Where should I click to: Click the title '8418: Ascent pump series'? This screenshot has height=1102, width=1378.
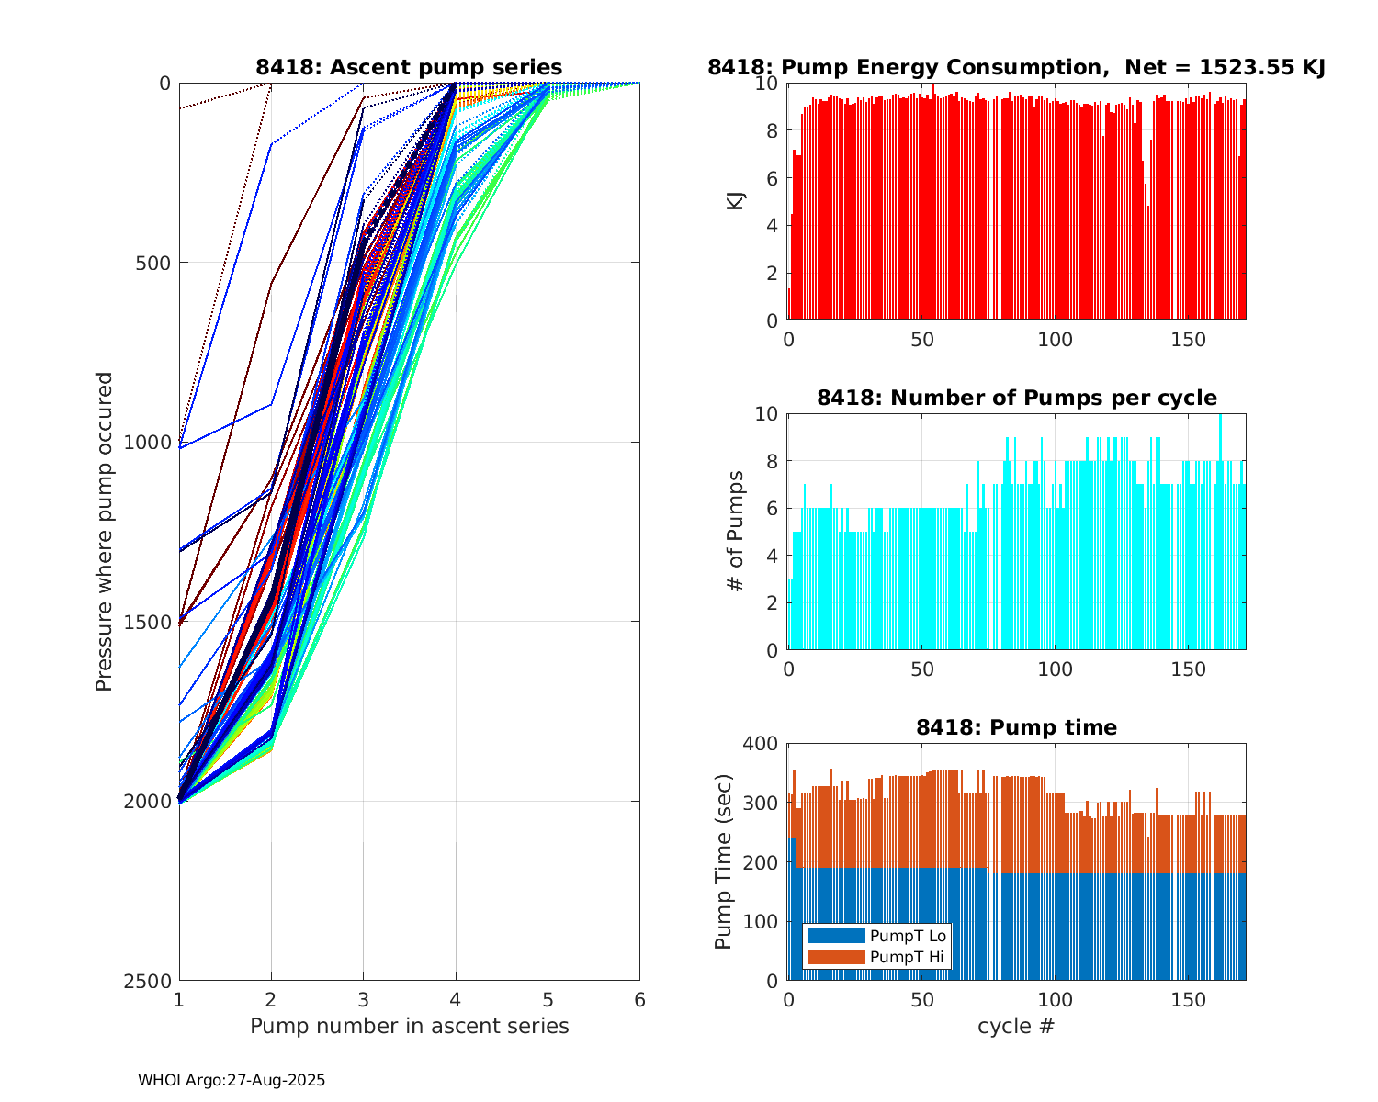click(x=409, y=67)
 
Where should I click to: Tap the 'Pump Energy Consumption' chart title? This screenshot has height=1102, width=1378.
click(x=1016, y=67)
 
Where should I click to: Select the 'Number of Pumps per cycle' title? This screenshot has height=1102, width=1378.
click(x=1016, y=398)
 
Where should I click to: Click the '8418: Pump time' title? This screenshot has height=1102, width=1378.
click(x=1016, y=727)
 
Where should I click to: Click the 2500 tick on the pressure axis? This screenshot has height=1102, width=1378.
click(x=152, y=981)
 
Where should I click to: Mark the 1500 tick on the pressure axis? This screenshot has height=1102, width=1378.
click(x=152, y=622)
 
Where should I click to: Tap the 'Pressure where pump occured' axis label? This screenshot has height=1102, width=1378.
click(x=105, y=532)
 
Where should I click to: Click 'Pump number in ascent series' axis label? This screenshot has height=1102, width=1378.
click(x=409, y=1026)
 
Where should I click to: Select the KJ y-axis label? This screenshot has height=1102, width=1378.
click(x=736, y=201)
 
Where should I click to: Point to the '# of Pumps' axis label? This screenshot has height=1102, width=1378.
click(x=736, y=532)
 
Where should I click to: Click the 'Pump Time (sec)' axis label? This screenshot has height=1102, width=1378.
click(x=724, y=861)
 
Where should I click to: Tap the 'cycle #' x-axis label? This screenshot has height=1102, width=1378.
click(x=1016, y=1026)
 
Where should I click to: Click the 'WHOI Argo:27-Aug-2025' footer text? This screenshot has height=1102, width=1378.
click(x=232, y=1080)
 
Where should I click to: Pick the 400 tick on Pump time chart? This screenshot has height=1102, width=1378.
click(x=763, y=743)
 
